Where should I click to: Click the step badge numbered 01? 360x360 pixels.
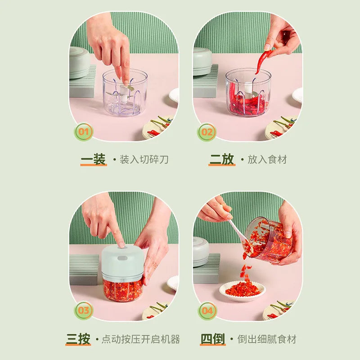[x=84, y=132]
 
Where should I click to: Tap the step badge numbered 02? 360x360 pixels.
[x=207, y=132]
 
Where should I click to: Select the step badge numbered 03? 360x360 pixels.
[x=84, y=310]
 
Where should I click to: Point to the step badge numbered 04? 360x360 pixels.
[x=207, y=311]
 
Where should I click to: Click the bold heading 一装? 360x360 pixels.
[x=94, y=159]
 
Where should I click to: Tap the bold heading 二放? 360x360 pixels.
[x=222, y=159]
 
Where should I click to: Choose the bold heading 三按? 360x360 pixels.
[x=78, y=339]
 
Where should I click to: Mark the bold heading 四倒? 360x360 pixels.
[x=213, y=339]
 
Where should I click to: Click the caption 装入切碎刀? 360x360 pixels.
[x=144, y=159]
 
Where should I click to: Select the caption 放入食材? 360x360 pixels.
[x=267, y=159]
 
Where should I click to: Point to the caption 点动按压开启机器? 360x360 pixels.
[x=141, y=339]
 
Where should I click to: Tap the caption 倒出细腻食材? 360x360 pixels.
[x=267, y=339]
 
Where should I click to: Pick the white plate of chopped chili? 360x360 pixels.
[x=243, y=291]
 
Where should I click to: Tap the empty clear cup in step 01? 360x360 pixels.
[x=125, y=93]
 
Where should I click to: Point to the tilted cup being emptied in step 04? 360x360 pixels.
[x=268, y=240]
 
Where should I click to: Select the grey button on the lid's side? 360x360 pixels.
[x=122, y=258]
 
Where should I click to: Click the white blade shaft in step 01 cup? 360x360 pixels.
[x=124, y=94]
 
